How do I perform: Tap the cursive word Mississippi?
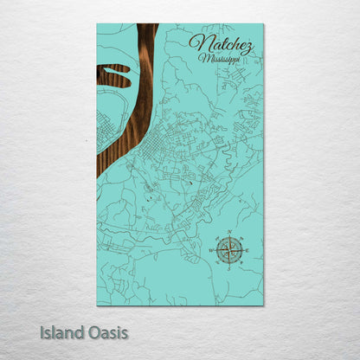pos(220,60)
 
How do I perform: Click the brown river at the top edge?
pos(147,28)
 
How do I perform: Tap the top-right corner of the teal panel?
pos(263,24)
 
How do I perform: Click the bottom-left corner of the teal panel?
pos(97,305)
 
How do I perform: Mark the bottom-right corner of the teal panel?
pos(263,305)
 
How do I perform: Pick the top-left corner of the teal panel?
pos(97,24)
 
